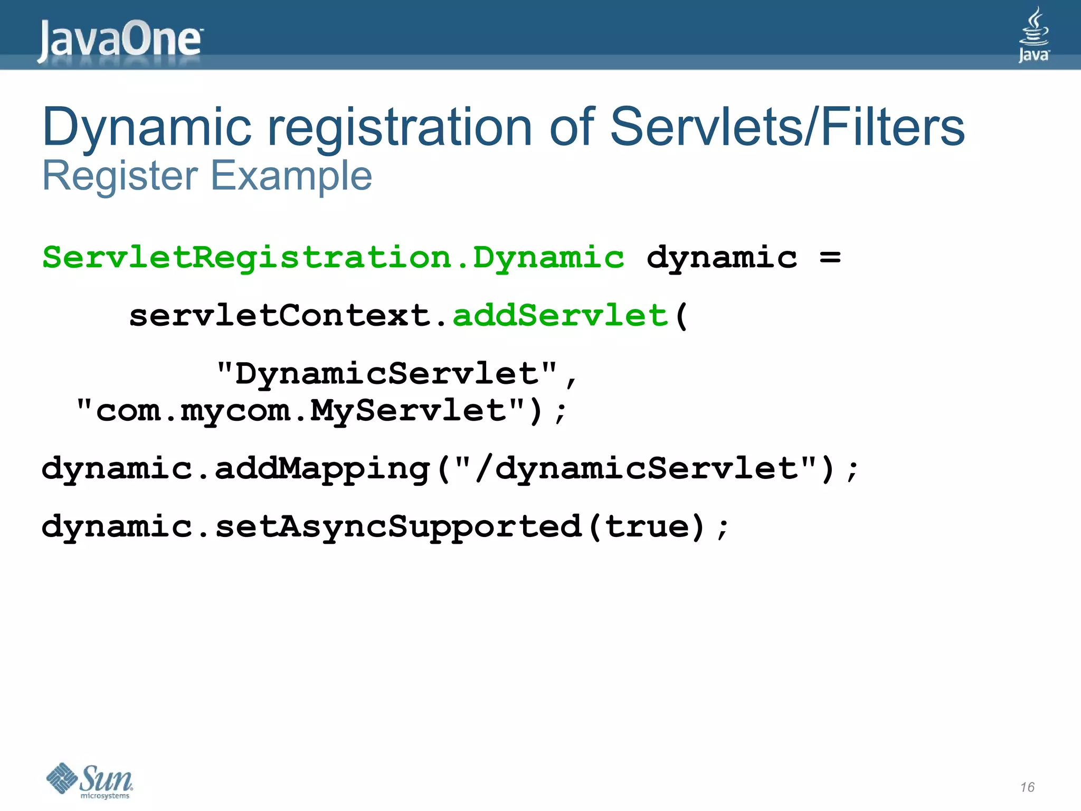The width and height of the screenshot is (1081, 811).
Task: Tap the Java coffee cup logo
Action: tap(1033, 34)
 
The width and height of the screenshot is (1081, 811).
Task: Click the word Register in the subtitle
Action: tap(120, 176)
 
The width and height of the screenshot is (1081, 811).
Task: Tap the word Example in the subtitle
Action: tap(291, 176)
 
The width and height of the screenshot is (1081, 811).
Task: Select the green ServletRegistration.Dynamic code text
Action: tap(333, 258)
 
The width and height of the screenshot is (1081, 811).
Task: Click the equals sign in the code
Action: tap(830, 258)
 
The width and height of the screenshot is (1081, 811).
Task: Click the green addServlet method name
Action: tap(561, 316)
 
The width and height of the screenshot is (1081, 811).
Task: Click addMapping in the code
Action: tap(322, 469)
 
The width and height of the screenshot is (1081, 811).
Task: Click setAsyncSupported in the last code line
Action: tap(398, 527)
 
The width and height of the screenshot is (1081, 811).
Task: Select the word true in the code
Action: tap(647, 527)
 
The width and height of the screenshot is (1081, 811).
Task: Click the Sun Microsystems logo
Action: tap(90, 780)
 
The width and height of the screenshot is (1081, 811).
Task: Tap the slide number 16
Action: tap(1027, 787)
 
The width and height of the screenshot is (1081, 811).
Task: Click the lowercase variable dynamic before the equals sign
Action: tap(722, 258)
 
